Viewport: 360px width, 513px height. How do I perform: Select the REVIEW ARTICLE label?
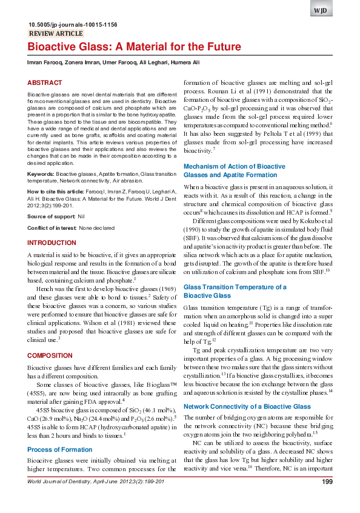tap(56, 34)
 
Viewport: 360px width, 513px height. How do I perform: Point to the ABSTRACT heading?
tap(45, 82)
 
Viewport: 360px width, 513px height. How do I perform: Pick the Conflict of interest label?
tap(52, 227)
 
